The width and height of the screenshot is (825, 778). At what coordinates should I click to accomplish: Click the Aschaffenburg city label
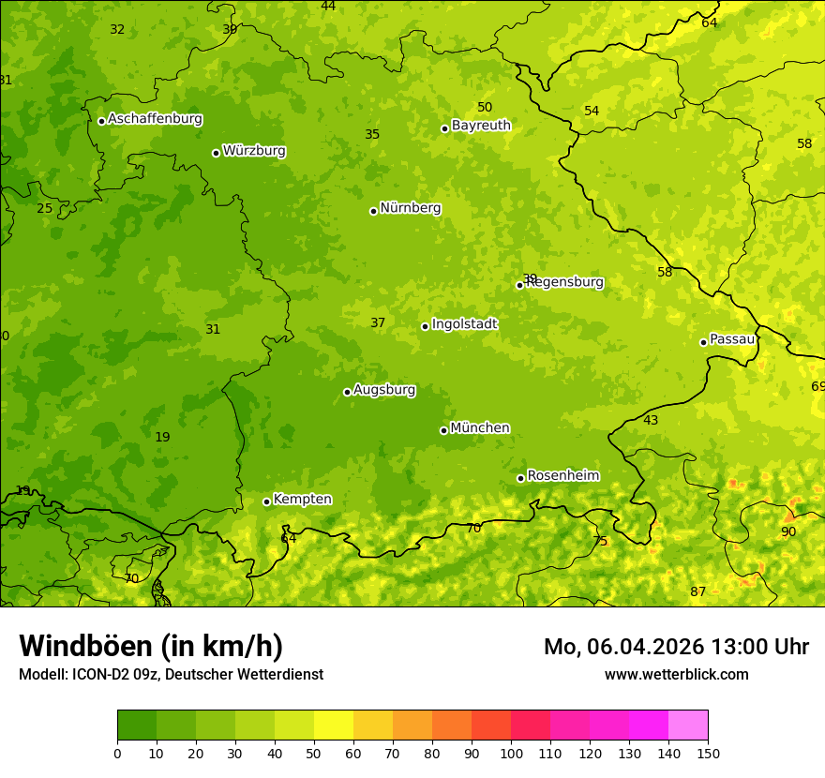click(x=155, y=119)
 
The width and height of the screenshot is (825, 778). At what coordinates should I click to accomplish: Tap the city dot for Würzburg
click(x=216, y=153)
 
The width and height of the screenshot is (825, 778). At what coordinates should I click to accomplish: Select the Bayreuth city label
click(x=481, y=126)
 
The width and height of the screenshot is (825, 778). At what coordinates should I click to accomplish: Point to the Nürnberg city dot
click(x=373, y=211)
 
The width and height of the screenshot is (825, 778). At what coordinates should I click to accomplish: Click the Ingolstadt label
click(x=464, y=324)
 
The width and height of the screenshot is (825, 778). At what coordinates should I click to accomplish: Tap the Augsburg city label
click(x=384, y=390)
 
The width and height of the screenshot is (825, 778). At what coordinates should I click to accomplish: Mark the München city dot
click(x=443, y=430)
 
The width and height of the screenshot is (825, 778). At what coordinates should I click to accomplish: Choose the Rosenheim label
click(x=562, y=476)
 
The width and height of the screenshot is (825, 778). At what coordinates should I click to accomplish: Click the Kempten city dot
click(x=266, y=501)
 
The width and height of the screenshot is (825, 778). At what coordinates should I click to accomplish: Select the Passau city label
click(x=732, y=339)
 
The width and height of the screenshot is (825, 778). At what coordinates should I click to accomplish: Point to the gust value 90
click(x=788, y=532)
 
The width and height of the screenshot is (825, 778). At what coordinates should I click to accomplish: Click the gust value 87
click(x=698, y=592)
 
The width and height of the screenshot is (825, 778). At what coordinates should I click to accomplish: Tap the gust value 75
click(x=600, y=542)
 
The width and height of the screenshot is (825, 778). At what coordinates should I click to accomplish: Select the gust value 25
click(x=45, y=209)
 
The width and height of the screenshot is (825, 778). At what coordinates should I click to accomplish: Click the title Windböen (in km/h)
click(x=151, y=647)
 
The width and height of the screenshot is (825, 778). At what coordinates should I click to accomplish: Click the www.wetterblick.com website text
click(x=676, y=675)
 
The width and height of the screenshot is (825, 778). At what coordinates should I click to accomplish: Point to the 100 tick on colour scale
click(x=511, y=753)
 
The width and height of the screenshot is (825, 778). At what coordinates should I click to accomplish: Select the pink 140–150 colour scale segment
click(x=688, y=726)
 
